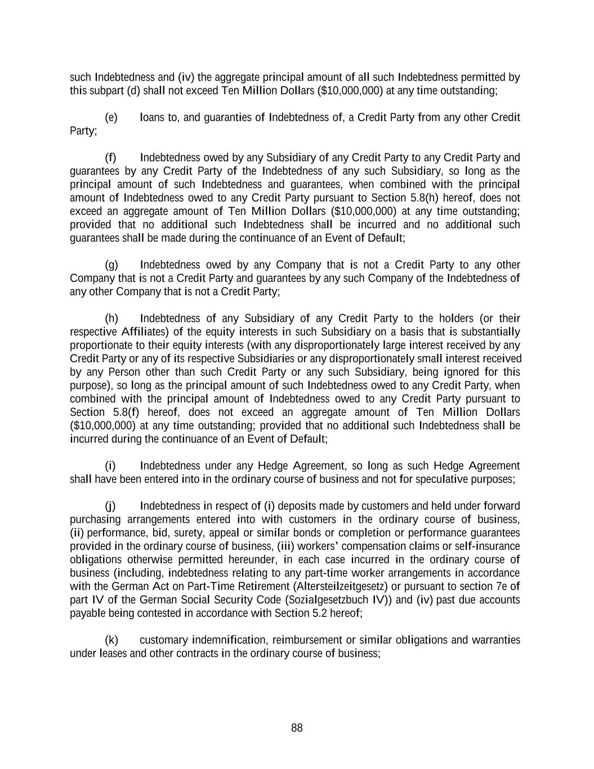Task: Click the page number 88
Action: pyautogui.click(x=297, y=728)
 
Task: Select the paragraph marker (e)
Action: pyautogui.click(x=111, y=118)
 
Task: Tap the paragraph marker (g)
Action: pyautogui.click(x=111, y=265)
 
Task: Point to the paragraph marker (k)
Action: pyautogui.click(x=111, y=641)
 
